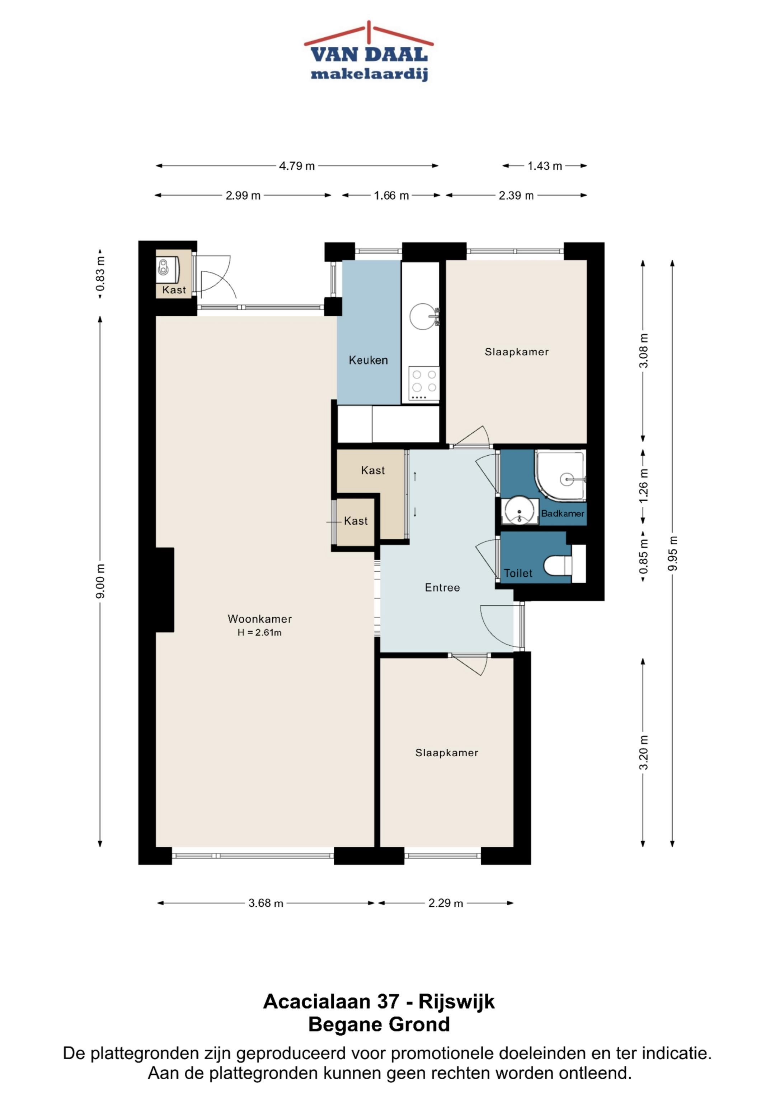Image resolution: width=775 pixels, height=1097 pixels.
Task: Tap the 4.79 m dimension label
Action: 297,166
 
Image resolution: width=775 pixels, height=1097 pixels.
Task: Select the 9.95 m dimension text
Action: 673,553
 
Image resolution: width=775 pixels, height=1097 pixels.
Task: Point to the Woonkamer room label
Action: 260,619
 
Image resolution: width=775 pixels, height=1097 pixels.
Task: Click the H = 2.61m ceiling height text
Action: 260,633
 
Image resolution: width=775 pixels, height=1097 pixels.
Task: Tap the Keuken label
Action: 368,360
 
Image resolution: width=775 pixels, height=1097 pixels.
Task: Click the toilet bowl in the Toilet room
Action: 558,567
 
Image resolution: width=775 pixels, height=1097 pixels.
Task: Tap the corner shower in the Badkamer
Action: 560,475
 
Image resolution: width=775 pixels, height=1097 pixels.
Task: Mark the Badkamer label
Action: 563,513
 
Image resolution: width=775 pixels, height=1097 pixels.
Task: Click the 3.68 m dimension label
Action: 266,903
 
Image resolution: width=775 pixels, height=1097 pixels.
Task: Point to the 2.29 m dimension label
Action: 446,903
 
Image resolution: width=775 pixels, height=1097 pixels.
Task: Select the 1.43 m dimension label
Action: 545,166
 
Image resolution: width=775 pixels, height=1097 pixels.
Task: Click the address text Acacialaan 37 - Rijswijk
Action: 379,1001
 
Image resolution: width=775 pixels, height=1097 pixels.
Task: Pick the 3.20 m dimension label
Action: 644,753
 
